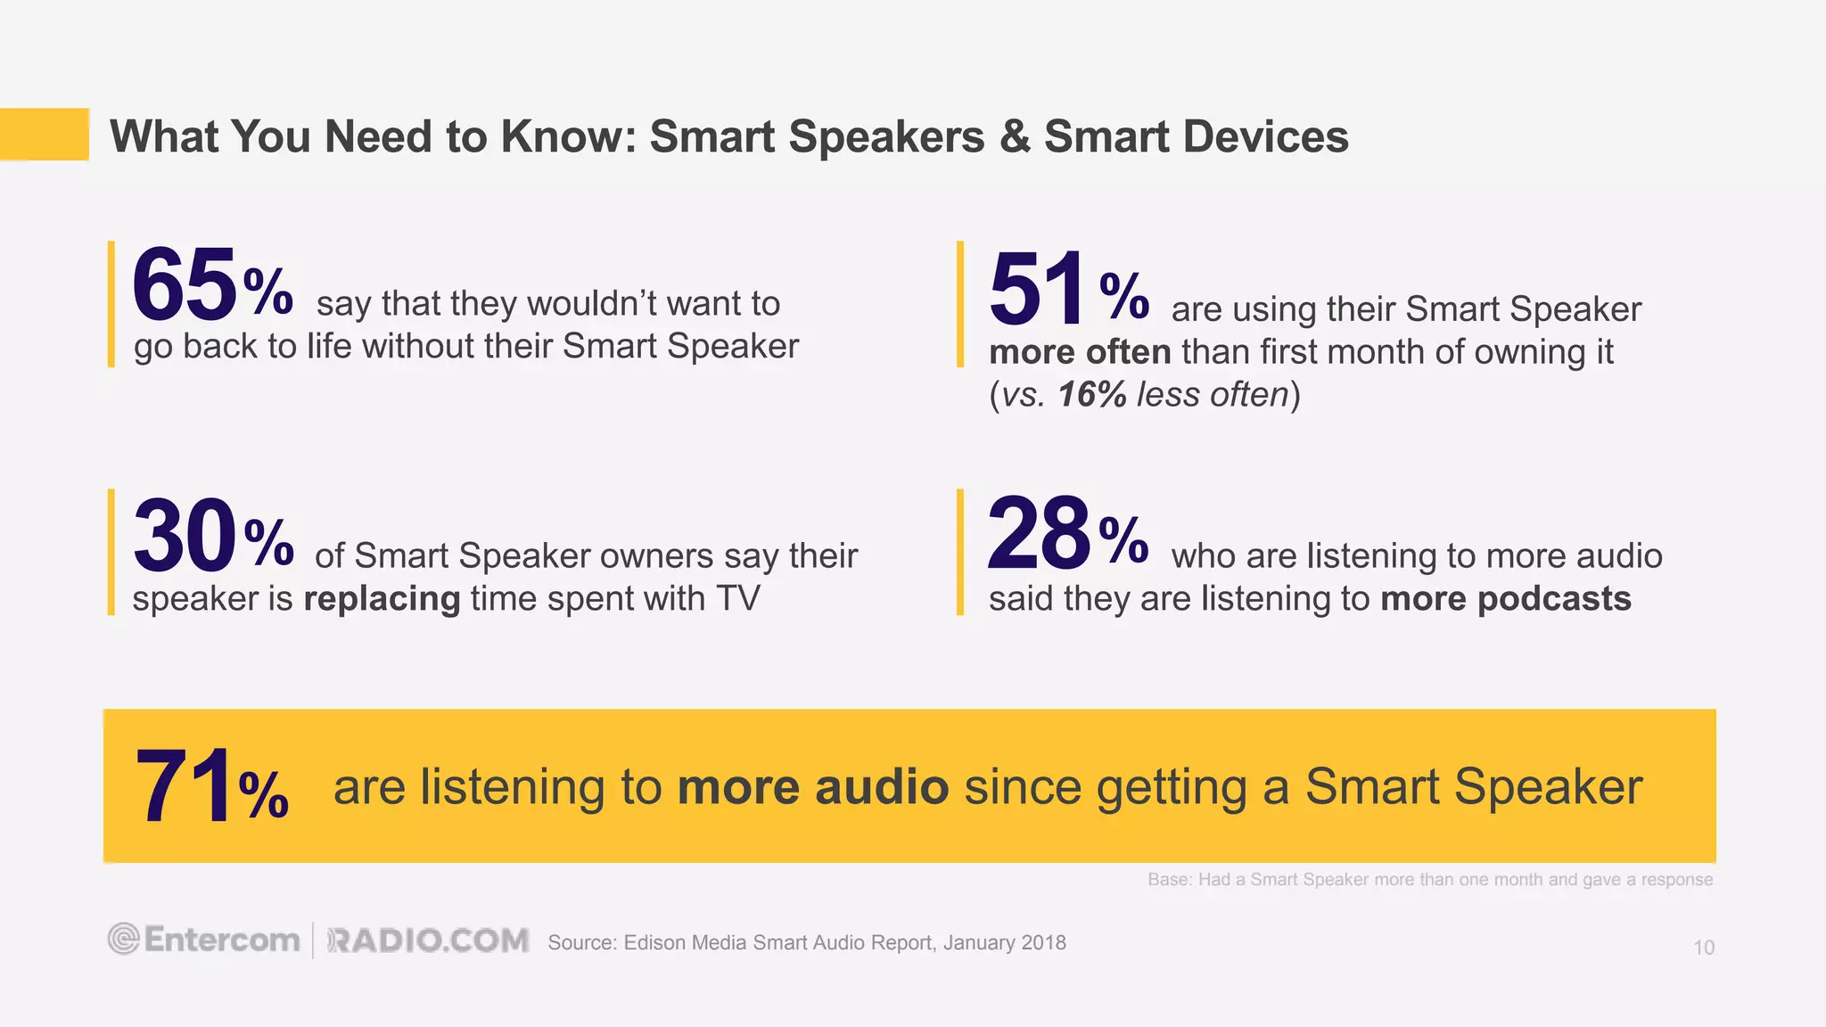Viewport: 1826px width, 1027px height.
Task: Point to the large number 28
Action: click(x=1038, y=535)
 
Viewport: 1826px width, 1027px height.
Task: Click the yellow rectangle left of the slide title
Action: click(x=45, y=134)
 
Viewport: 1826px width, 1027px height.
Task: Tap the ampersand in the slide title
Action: click(x=1014, y=137)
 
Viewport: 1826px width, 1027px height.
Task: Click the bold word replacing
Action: click(x=382, y=598)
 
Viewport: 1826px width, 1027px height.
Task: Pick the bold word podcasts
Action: click(x=1554, y=598)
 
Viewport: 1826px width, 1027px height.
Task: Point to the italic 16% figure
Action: click(x=1091, y=395)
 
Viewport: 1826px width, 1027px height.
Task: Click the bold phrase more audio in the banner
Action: click(x=812, y=787)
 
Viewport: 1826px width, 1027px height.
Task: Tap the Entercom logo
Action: click(x=204, y=940)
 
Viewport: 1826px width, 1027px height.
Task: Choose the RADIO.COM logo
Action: click(x=428, y=941)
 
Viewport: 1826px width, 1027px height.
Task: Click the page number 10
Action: click(x=1703, y=948)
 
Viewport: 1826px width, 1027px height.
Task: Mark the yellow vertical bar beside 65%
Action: click(x=111, y=304)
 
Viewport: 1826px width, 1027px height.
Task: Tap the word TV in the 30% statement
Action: click(x=737, y=598)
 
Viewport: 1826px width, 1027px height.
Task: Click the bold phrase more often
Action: click(x=1079, y=352)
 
